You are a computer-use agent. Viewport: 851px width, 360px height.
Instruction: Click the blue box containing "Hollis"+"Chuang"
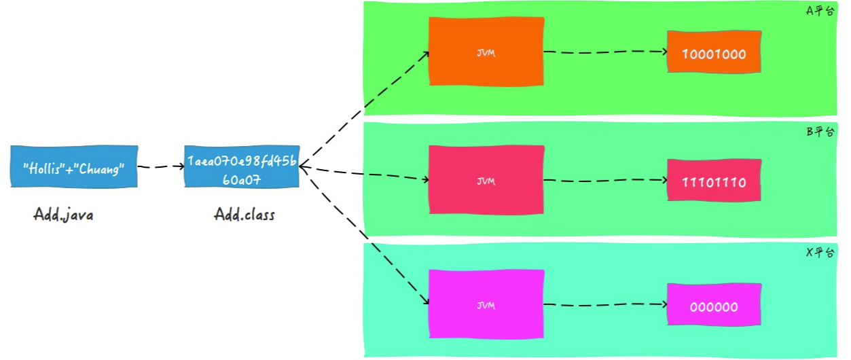74,166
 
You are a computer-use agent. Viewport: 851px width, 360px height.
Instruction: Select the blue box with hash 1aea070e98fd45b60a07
242,166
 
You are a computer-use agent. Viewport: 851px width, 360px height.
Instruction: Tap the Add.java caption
63,215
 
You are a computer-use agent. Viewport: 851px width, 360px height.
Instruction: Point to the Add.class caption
245,215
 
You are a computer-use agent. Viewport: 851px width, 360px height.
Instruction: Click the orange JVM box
486,52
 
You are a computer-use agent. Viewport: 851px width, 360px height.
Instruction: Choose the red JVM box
486,180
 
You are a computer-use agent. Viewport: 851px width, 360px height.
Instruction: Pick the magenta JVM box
486,304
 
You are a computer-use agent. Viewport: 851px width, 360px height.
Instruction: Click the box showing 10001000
714,52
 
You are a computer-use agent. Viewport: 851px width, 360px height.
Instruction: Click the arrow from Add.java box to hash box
161,166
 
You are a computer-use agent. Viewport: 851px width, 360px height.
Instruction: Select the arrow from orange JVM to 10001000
604,52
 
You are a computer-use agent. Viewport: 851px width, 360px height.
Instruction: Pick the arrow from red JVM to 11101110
604,180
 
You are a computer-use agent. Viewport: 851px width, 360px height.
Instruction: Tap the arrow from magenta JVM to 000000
604,305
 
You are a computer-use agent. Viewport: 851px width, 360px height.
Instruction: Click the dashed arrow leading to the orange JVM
364,109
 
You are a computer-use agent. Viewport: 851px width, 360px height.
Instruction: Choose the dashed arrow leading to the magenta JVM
364,234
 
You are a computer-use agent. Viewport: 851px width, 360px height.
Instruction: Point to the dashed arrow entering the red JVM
364,174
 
